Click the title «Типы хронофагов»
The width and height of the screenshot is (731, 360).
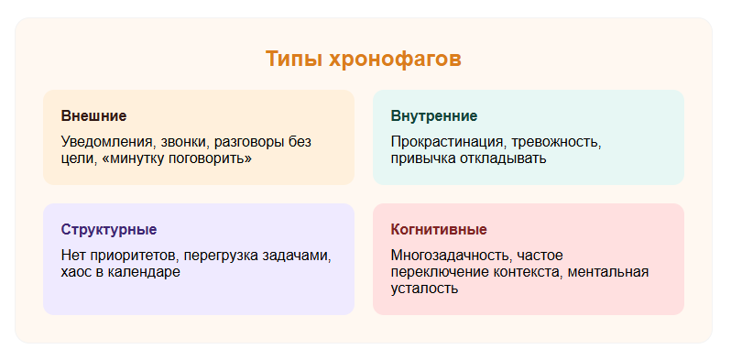364,60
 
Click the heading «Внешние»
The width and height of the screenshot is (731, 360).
93,116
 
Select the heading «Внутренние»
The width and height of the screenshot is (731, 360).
433,116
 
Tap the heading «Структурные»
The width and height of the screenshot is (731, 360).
108,229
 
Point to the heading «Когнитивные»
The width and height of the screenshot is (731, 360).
438,229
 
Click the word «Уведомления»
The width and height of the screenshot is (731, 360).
107,142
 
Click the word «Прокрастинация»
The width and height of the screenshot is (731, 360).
447,142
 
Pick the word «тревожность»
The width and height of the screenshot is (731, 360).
557,142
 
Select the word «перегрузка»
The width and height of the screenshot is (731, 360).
213,256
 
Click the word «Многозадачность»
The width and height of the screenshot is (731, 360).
451,256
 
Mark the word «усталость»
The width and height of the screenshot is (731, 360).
424,289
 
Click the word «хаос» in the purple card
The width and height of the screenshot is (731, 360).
77,272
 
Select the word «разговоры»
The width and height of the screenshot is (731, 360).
251,142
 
